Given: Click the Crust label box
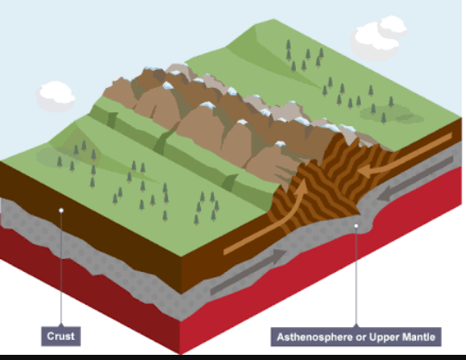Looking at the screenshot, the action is [x=61, y=336].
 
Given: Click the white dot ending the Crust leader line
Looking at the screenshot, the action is [x=61, y=211].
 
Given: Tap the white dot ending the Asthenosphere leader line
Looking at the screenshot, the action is [x=356, y=226].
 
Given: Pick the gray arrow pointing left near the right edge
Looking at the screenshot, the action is [x=415, y=179].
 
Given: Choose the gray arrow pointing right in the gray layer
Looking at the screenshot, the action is [x=249, y=272].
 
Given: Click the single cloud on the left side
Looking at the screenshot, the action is [x=55, y=96].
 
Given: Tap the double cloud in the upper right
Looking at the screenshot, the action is [x=379, y=37].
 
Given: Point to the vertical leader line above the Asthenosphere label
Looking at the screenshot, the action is [x=356, y=277].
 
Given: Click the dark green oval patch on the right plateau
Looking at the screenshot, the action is [x=392, y=115].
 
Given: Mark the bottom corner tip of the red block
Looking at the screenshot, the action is [x=180, y=354].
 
